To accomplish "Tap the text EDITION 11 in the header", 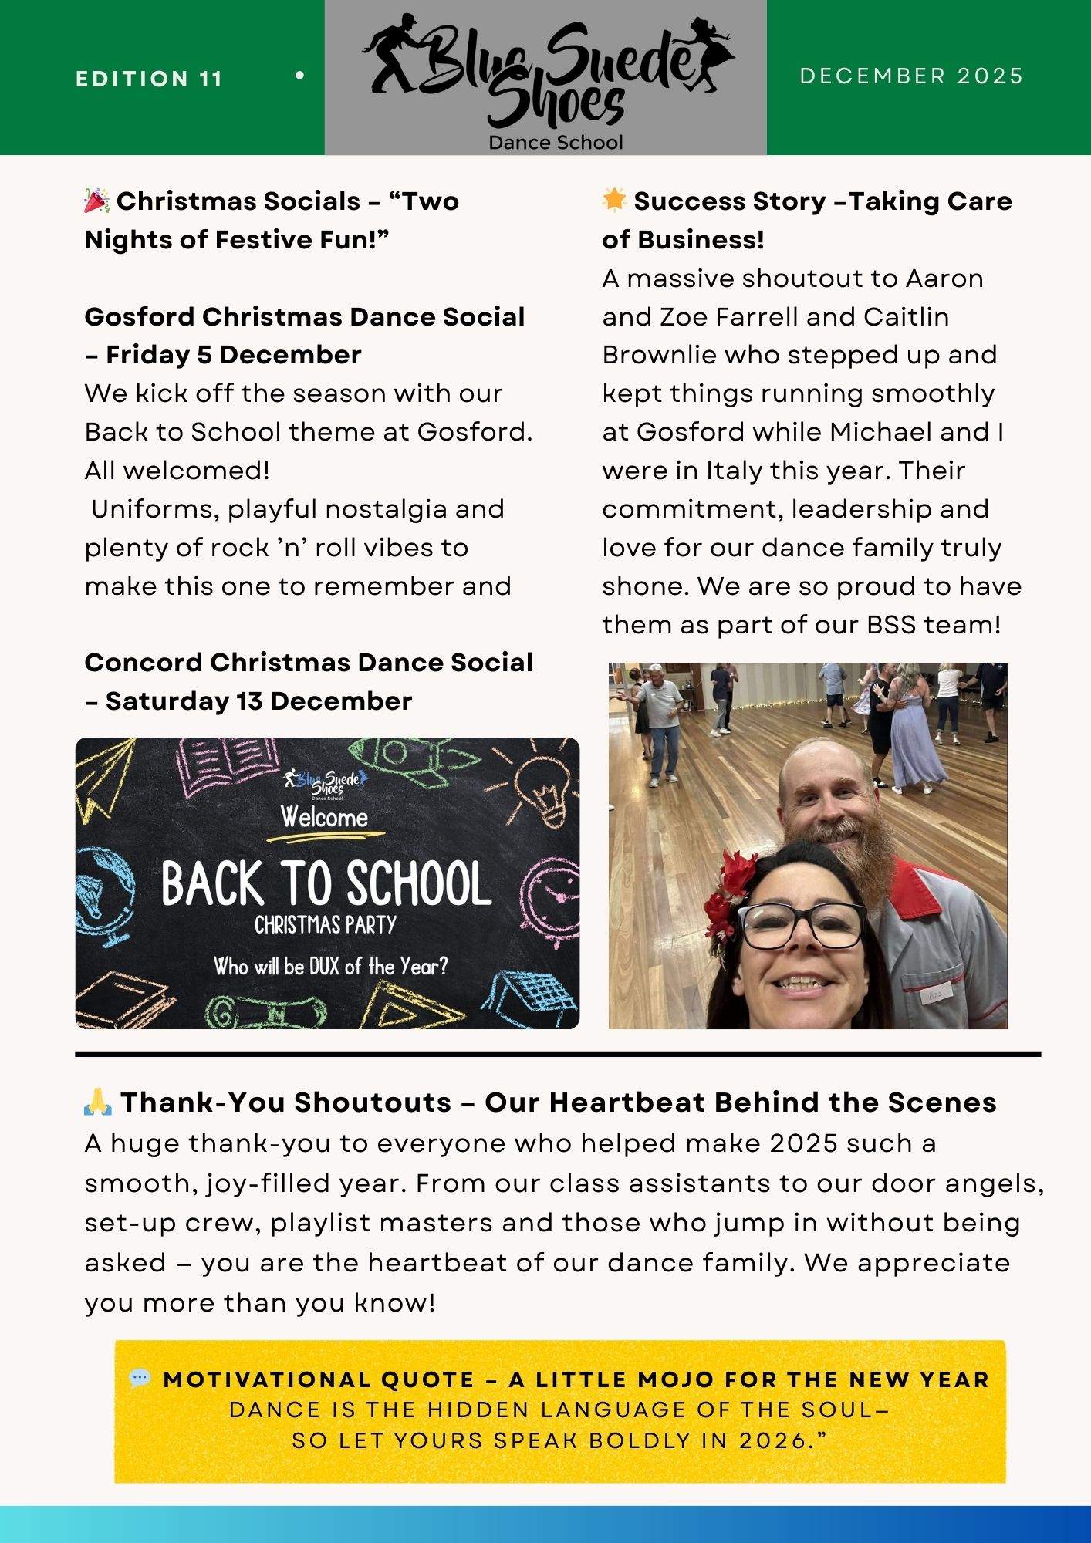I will tap(149, 79).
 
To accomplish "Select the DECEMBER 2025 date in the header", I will tap(911, 76).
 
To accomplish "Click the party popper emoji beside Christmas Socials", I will tap(96, 201).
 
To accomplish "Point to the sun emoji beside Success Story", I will tap(614, 200).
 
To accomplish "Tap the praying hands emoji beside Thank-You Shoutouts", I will tap(98, 1102).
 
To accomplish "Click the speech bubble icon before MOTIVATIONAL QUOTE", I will tap(140, 1379).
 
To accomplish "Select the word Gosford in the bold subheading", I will tap(140, 316).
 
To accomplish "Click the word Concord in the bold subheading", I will tap(144, 663).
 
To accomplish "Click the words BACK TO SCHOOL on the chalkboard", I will tap(326, 884).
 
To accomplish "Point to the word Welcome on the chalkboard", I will tap(324, 816).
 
